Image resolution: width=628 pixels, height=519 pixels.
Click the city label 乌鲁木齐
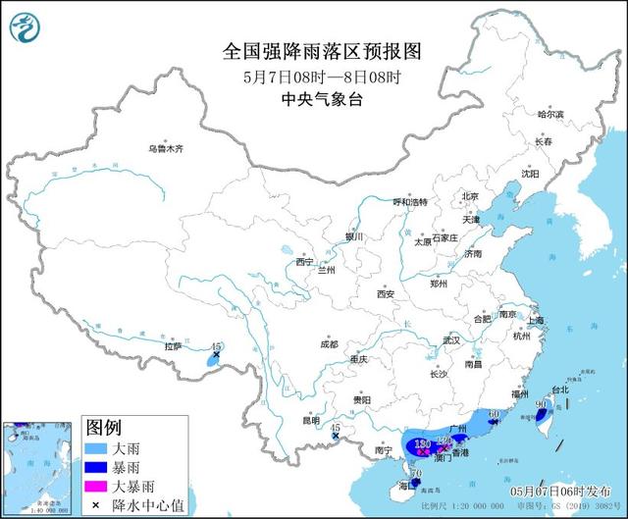click(x=166, y=148)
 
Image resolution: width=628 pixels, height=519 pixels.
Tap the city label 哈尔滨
click(x=551, y=115)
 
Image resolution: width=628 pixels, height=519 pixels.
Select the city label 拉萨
click(x=173, y=346)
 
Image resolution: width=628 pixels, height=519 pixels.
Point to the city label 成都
click(x=328, y=344)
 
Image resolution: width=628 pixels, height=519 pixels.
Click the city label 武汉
click(x=450, y=340)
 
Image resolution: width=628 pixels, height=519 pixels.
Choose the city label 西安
click(x=385, y=294)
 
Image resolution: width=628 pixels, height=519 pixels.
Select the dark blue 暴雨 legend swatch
click(x=96, y=466)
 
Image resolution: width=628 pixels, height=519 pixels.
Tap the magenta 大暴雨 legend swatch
click(x=96, y=485)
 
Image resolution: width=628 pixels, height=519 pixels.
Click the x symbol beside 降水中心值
click(x=96, y=503)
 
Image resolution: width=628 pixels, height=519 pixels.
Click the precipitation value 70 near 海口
click(x=417, y=474)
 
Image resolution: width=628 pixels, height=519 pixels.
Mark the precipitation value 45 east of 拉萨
click(x=217, y=347)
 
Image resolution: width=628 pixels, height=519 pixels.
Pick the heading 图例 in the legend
click(x=103, y=427)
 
